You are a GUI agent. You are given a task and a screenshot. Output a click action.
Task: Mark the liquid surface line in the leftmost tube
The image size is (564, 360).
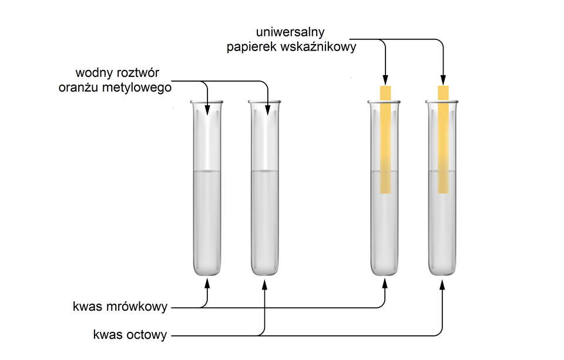coord(207,171)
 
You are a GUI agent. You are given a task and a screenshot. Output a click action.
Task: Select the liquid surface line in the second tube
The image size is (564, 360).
coord(265,171)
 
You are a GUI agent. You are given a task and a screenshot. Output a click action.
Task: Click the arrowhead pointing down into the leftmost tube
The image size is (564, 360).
coord(207,109)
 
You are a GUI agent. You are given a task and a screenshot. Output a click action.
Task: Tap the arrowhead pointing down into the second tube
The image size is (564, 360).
coord(268,109)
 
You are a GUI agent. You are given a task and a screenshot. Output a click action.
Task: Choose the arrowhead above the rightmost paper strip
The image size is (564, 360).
coord(443,80)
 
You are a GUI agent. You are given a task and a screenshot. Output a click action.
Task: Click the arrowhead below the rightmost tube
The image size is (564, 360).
coord(443,284)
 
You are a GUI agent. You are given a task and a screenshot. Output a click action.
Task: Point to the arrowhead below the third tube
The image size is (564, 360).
coord(385,284)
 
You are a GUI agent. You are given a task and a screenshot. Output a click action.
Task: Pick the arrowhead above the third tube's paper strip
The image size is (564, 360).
coord(385,80)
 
